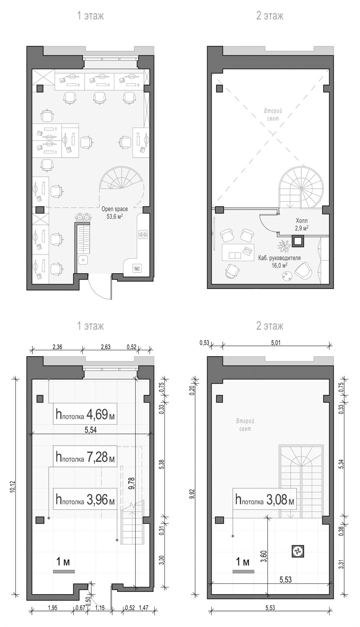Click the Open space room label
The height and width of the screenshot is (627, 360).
tap(115, 209)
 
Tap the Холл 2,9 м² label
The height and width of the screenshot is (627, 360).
tap(302, 224)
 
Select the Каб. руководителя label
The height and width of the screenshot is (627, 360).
tap(279, 258)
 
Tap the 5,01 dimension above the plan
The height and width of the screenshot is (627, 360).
tap(276, 343)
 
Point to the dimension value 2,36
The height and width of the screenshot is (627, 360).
tap(57, 347)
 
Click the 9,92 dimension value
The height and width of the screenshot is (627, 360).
tap(193, 494)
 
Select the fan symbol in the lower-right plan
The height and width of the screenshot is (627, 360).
tap(298, 551)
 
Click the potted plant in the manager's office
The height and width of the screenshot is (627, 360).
tap(284, 246)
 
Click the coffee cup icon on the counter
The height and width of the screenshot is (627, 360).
tap(137, 268)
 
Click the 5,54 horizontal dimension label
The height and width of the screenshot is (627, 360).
tap(91, 430)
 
